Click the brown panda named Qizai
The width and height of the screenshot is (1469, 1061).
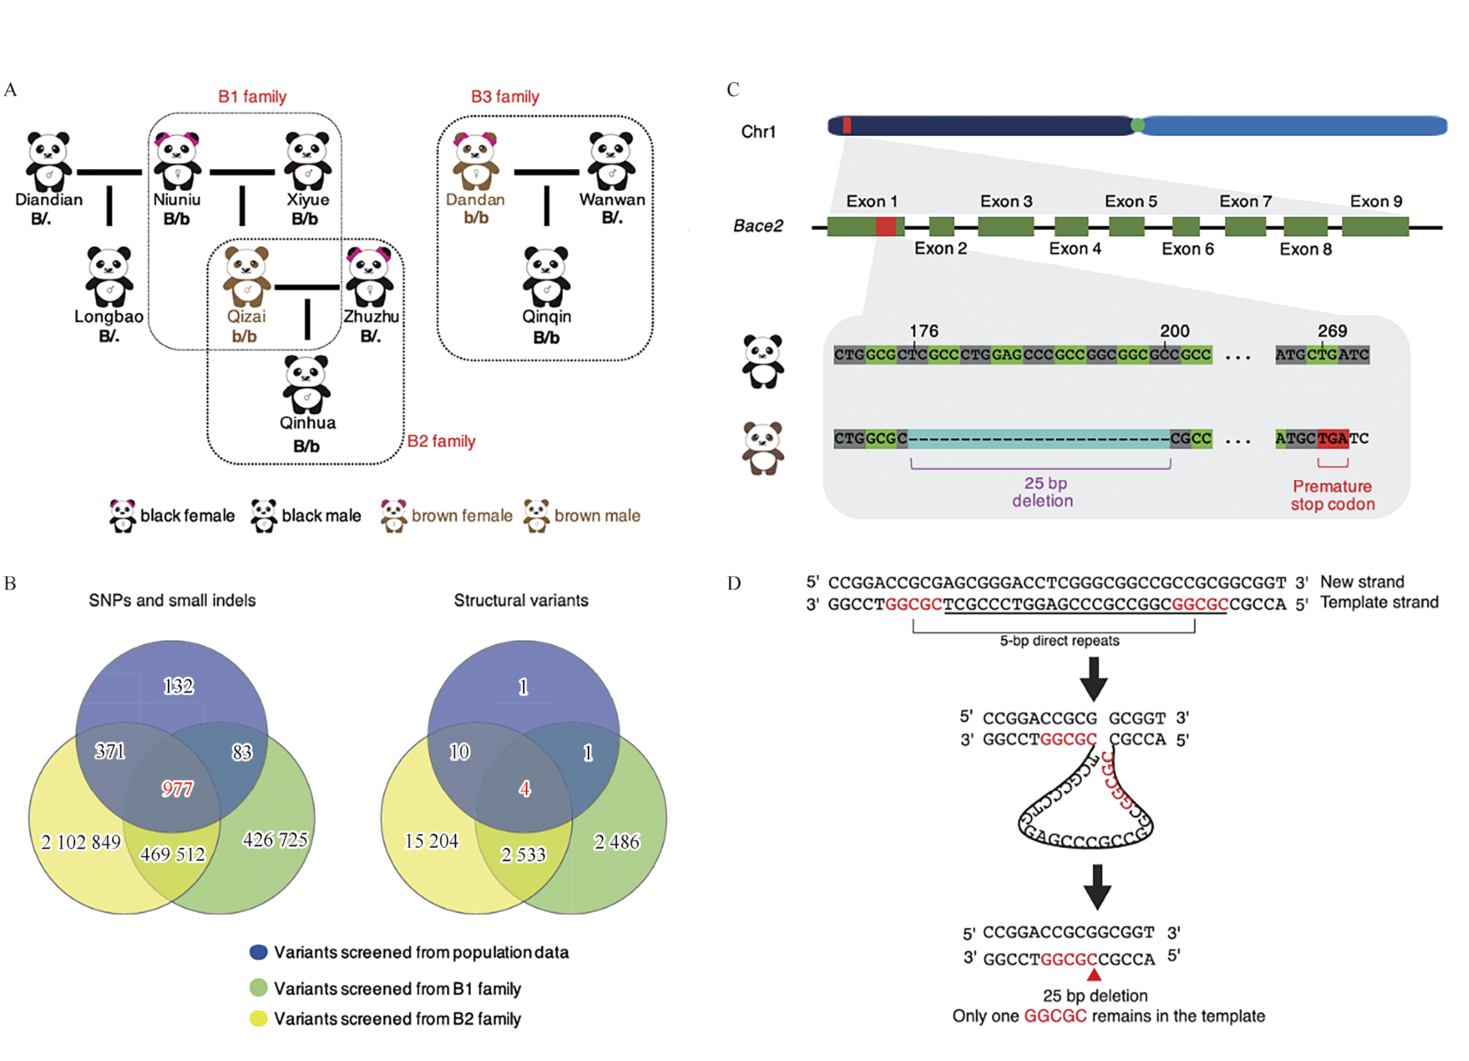tap(247, 277)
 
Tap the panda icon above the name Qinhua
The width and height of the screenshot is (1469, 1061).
tap(306, 384)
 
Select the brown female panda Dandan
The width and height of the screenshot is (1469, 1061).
tap(476, 162)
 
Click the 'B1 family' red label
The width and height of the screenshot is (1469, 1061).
tap(252, 96)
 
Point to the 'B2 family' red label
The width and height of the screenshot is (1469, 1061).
tap(441, 441)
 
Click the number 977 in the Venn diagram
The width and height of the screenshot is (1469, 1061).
tap(177, 789)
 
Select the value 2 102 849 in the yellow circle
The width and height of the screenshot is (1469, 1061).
tap(81, 842)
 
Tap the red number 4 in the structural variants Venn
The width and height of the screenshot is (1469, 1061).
tap(524, 789)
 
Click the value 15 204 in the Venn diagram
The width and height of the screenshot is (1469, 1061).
tap(432, 841)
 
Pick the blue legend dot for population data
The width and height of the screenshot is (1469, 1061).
tap(258, 952)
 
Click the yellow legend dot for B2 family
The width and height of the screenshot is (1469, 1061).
tap(258, 1019)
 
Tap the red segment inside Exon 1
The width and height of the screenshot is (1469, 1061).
tap(885, 226)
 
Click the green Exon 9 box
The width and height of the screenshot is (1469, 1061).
tap(1375, 226)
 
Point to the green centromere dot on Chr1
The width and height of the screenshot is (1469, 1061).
tap(1137, 125)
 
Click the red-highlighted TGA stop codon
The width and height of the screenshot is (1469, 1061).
tap(1332, 438)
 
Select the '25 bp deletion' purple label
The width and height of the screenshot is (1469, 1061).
tap(1043, 492)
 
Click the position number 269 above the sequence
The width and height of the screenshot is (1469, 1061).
tap(1332, 331)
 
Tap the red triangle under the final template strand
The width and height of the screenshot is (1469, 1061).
tap(1094, 975)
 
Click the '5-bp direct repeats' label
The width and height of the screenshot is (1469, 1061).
tap(1059, 641)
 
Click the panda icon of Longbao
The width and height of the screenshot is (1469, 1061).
tap(109, 277)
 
